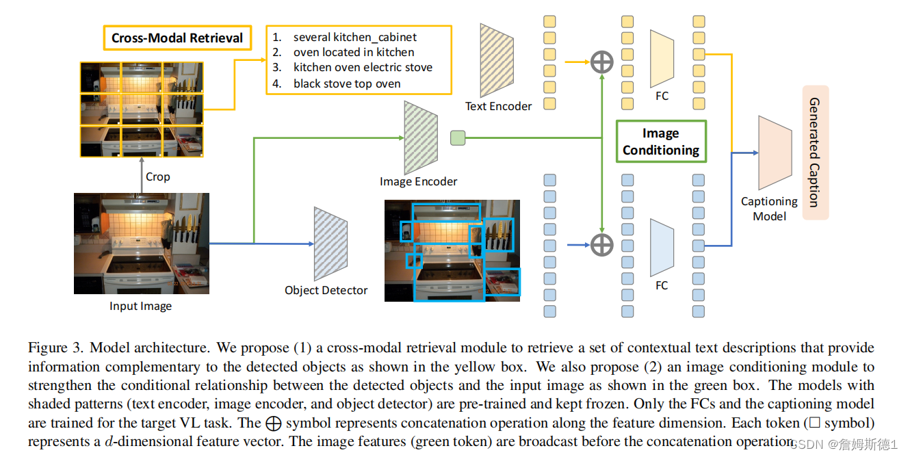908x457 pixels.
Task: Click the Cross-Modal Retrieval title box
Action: click(177, 38)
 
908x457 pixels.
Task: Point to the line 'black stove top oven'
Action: click(347, 83)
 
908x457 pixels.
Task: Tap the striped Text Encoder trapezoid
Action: click(497, 60)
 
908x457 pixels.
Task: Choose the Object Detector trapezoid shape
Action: click(331, 244)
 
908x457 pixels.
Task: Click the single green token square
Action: click(457, 138)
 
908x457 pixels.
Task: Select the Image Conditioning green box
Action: click(660, 142)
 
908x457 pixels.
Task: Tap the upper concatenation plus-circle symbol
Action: click(601, 62)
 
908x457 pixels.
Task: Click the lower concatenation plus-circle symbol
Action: click(601, 244)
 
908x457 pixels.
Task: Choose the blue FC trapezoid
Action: click(662, 247)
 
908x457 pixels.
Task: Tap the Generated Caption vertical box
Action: click(815, 152)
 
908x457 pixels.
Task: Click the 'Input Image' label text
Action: click(140, 306)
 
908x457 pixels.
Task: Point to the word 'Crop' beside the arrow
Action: click(157, 177)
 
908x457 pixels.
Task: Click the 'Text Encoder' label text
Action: click(498, 106)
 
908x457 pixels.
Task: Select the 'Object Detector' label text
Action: click(326, 290)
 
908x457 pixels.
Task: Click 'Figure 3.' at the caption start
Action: click(55, 348)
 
